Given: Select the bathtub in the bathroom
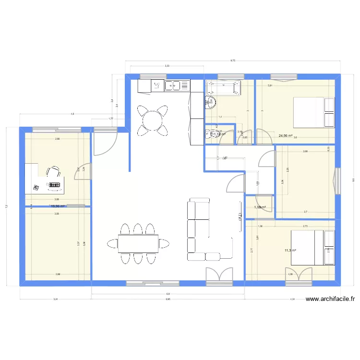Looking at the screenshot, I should pos(223,88).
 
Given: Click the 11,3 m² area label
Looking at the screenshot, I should pos(290,250).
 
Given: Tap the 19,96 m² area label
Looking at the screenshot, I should pos(58,207).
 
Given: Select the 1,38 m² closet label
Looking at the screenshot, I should pos(259,207).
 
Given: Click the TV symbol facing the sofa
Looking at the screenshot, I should pos(239,219).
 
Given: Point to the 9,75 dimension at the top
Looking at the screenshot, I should pos(233,61).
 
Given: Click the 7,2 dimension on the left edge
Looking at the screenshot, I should pos(6,206).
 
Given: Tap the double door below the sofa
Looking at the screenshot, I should pos(219,276).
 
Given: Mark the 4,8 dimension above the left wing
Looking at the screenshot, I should pos(72,114).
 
